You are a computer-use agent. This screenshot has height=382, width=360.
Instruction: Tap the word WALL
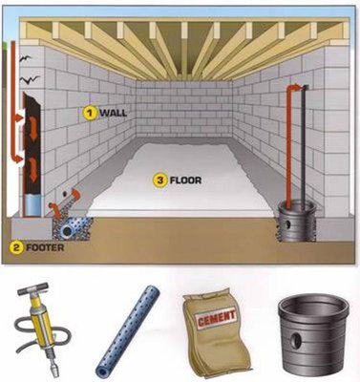click(x=113, y=113)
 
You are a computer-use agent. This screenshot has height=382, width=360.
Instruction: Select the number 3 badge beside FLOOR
click(x=163, y=177)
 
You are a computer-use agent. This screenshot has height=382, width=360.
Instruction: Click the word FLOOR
click(x=187, y=178)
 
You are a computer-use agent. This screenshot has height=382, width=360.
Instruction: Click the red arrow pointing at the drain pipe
click(x=67, y=202)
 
